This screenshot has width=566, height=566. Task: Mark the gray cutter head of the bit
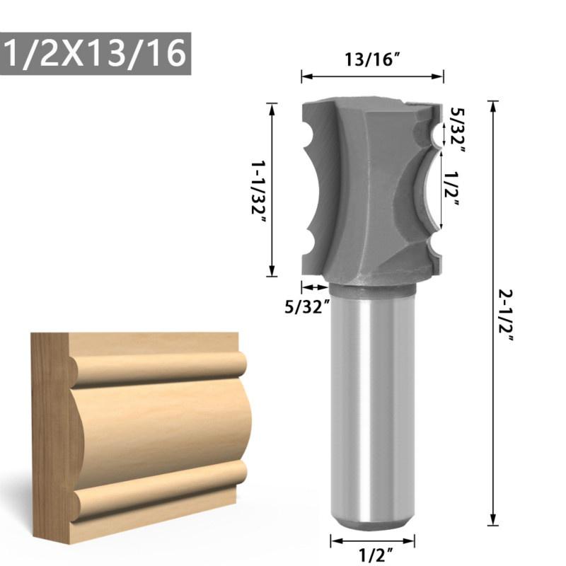tap(361, 191)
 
